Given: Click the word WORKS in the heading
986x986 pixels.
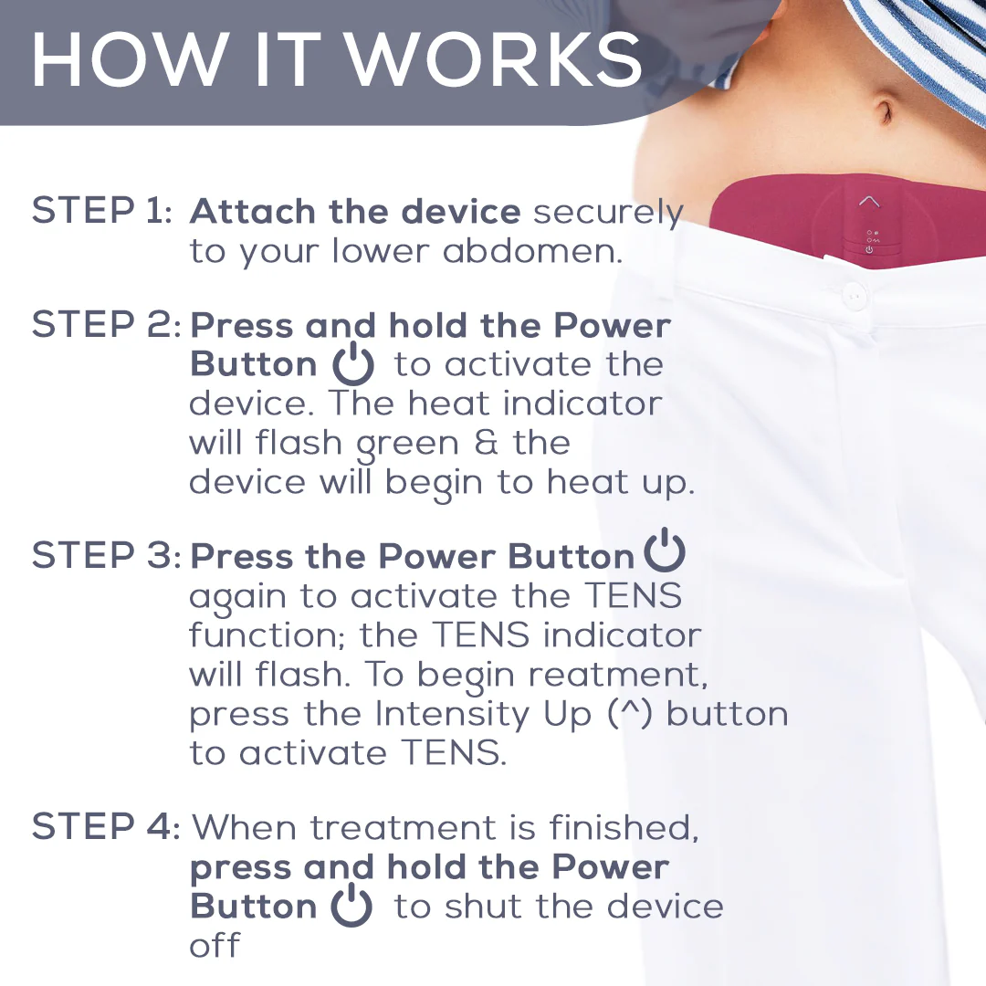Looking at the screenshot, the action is (494, 58).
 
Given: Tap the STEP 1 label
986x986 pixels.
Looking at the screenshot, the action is (101, 210).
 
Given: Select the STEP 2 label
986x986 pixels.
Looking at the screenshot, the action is (106, 324).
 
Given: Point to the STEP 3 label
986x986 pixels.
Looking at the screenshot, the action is (106, 555).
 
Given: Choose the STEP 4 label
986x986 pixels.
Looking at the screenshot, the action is (106, 825).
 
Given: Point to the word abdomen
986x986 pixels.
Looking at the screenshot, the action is (532, 251).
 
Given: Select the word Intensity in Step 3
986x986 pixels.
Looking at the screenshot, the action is (453, 715).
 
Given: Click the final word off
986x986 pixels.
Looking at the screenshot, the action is (215, 945).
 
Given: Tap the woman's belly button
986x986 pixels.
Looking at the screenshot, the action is (885, 112).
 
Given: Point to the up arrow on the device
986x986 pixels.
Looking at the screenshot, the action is (869, 201).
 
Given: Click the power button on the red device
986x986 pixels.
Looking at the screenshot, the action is (869, 249).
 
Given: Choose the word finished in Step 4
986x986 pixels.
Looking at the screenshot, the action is (624, 827).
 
